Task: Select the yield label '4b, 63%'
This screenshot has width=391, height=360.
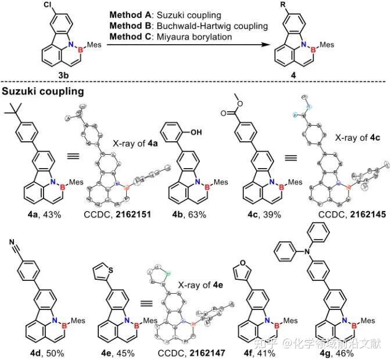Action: click(182, 199)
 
